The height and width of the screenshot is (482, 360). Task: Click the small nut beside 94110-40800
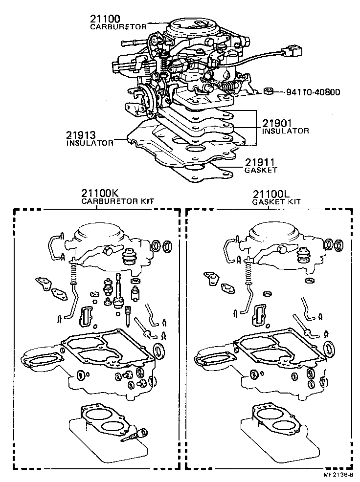268,91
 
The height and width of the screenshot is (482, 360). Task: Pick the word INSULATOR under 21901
286,131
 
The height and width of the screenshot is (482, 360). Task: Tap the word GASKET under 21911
261,170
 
